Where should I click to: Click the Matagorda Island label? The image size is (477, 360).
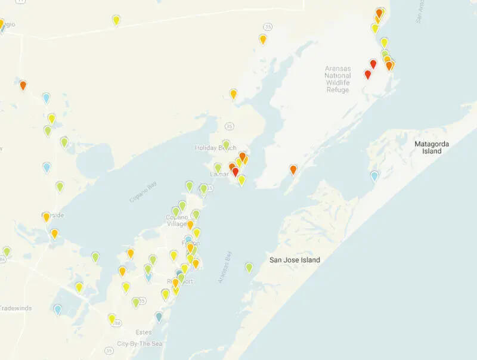(x=432, y=147)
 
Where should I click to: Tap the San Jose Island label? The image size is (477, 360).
(x=295, y=260)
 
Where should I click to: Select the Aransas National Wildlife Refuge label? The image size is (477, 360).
(x=337, y=79)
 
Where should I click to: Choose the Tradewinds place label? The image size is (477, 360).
(x=16, y=308)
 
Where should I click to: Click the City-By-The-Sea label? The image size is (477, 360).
(x=139, y=344)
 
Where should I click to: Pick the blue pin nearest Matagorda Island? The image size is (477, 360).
(x=374, y=175)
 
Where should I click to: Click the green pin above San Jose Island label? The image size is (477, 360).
(x=249, y=267)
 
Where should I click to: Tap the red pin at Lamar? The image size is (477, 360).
(x=235, y=172)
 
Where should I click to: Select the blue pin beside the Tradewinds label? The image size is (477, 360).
(x=57, y=309)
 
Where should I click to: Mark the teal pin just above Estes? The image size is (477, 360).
(x=159, y=316)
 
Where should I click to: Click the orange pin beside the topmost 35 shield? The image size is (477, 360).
(x=262, y=39)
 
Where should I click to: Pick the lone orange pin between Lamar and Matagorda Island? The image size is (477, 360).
(x=293, y=170)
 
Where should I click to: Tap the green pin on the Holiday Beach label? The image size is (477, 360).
(x=226, y=144)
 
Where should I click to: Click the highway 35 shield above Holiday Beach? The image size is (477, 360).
(x=230, y=126)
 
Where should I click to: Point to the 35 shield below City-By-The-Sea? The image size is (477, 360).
(x=109, y=350)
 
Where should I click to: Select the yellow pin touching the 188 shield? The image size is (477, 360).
(x=111, y=318)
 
